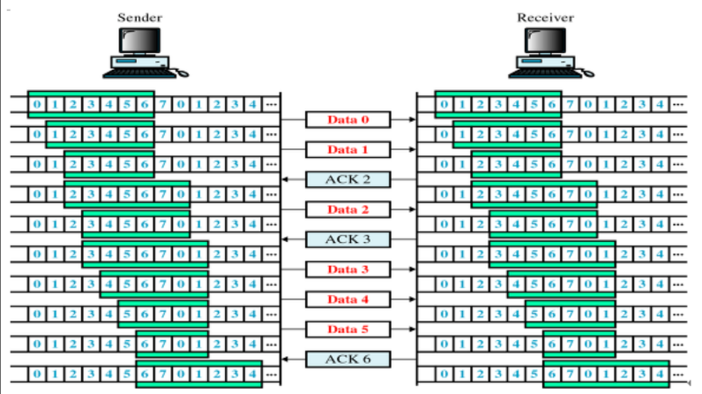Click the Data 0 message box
(x=347, y=118)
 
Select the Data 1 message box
(x=347, y=149)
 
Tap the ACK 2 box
(x=347, y=179)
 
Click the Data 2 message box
(x=347, y=209)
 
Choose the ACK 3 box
(x=347, y=239)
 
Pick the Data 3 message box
(x=347, y=269)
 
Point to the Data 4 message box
(x=347, y=299)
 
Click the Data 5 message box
(x=347, y=329)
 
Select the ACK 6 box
(x=347, y=359)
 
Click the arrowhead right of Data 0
(x=412, y=118)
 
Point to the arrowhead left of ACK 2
(x=286, y=179)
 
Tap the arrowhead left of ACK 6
(x=286, y=359)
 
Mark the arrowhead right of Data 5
(x=412, y=329)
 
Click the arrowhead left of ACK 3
(x=286, y=239)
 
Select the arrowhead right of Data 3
(x=412, y=269)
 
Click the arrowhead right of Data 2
(x=412, y=209)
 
